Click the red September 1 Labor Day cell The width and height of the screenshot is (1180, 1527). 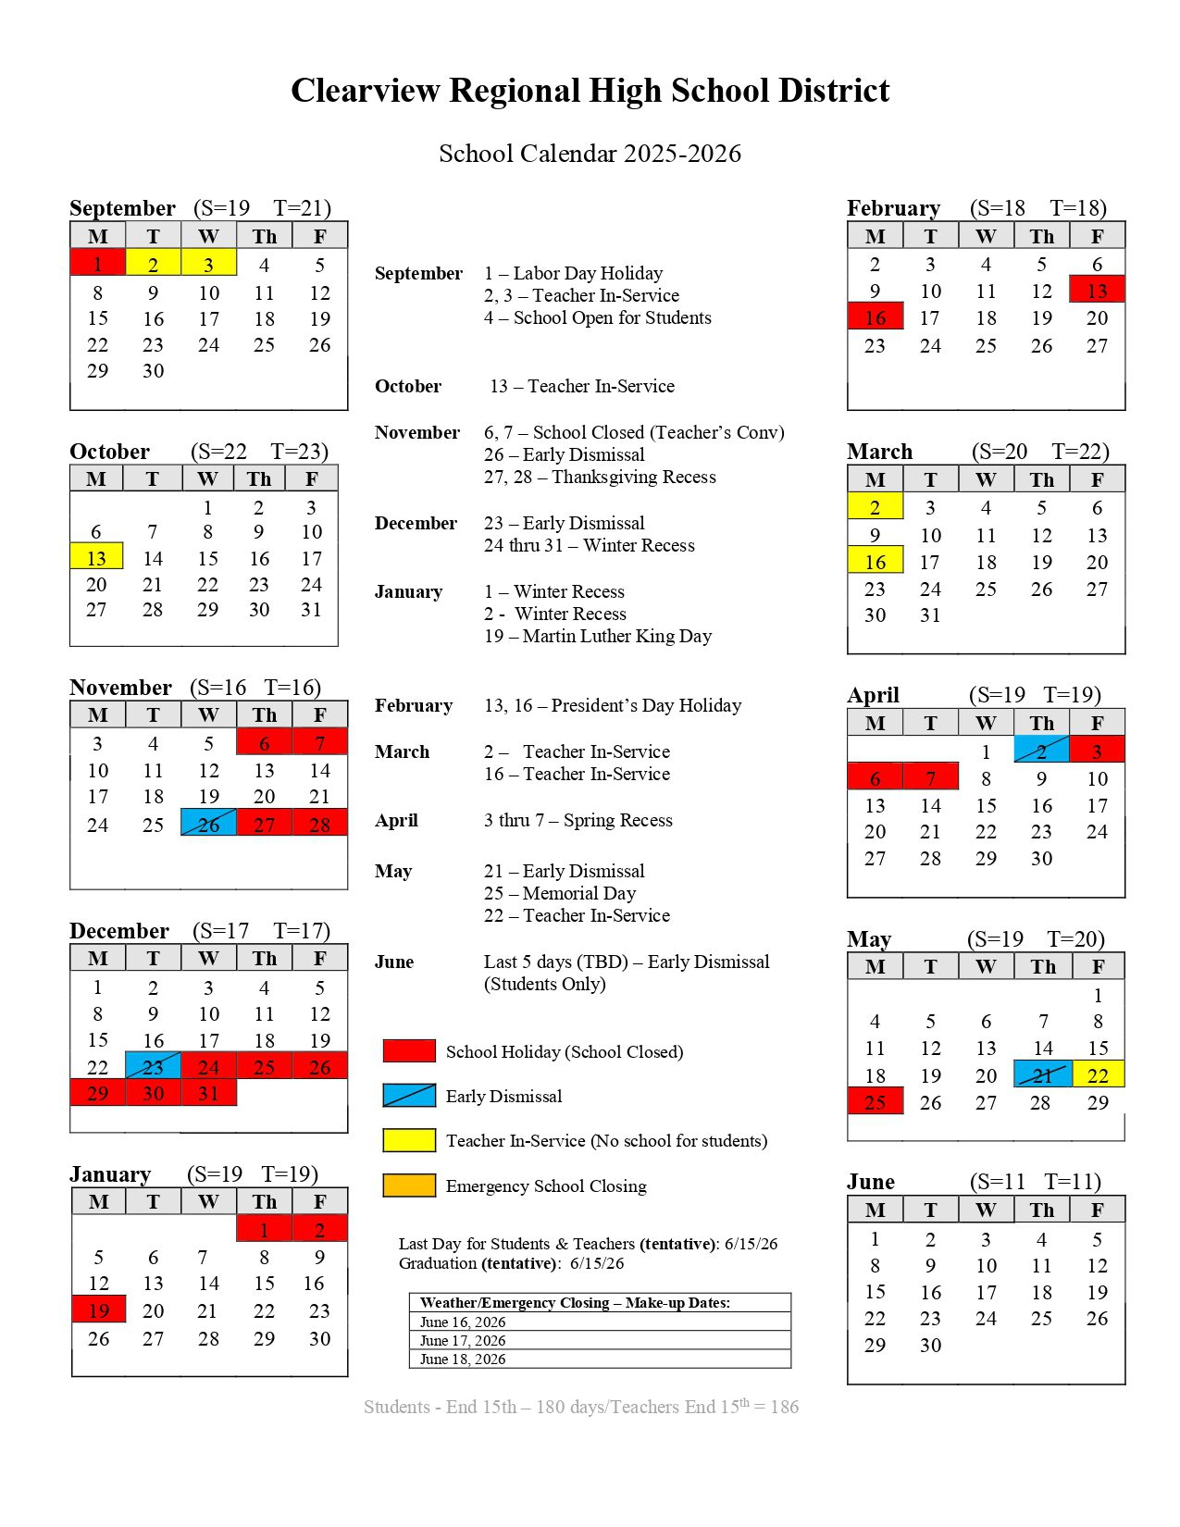[x=97, y=263]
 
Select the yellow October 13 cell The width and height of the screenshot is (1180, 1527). [x=96, y=557]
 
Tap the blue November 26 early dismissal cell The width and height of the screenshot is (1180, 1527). [x=208, y=823]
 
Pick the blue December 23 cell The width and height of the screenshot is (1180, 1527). [x=153, y=1065]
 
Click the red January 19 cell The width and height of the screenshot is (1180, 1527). [x=98, y=1309]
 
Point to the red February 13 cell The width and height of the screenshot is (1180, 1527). [x=1097, y=290]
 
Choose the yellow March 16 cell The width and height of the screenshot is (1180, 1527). [x=875, y=561]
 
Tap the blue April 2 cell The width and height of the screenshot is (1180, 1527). [x=1041, y=750]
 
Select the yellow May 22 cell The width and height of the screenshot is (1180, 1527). [x=1098, y=1074]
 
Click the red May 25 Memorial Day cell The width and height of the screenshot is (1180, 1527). [x=875, y=1101]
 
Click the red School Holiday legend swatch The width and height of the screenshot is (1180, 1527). [x=409, y=1050]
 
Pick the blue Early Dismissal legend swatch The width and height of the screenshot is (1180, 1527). [x=409, y=1096]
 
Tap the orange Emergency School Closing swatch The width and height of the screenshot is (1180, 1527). [x=409, y=1186]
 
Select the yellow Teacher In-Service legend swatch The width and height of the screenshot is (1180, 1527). [x=409, y=1140]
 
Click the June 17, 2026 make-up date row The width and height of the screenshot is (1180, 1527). [x=600, y=1340]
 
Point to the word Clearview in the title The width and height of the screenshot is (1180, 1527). [x=366, y=91]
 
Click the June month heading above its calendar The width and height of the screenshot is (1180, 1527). [x=871, y=1182]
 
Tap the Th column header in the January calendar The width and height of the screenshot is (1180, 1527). [x=264, y=1201]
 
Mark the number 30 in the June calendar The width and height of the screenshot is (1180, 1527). [x=930, y=1345]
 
